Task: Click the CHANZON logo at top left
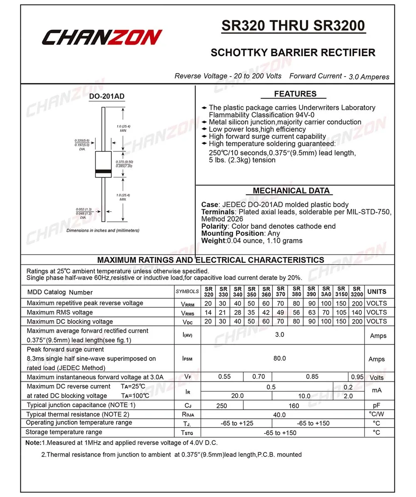pos(102,37)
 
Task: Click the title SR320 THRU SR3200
pos(293,26)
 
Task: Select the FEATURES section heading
pos(295,94)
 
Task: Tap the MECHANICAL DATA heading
pos(291,191)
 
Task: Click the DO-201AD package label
pos(106,96)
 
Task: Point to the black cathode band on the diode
pos(103,172)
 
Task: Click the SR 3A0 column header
pos(326,292)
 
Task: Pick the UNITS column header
pos(377,292)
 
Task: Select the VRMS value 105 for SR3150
pos(341,312)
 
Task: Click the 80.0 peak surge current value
pos(280,358)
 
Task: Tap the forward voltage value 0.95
pos(357,377)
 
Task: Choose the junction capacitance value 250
pos(222,405)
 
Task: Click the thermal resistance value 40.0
pos(279,415)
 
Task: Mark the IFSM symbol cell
pos(188,359)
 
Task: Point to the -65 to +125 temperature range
pos(236,423)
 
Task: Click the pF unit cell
pos(377,405)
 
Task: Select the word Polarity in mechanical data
pos(214,226)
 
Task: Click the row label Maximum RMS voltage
pos(60,312)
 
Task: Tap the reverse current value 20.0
pos(237,396)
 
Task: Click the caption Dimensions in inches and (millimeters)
pos(103,230)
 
